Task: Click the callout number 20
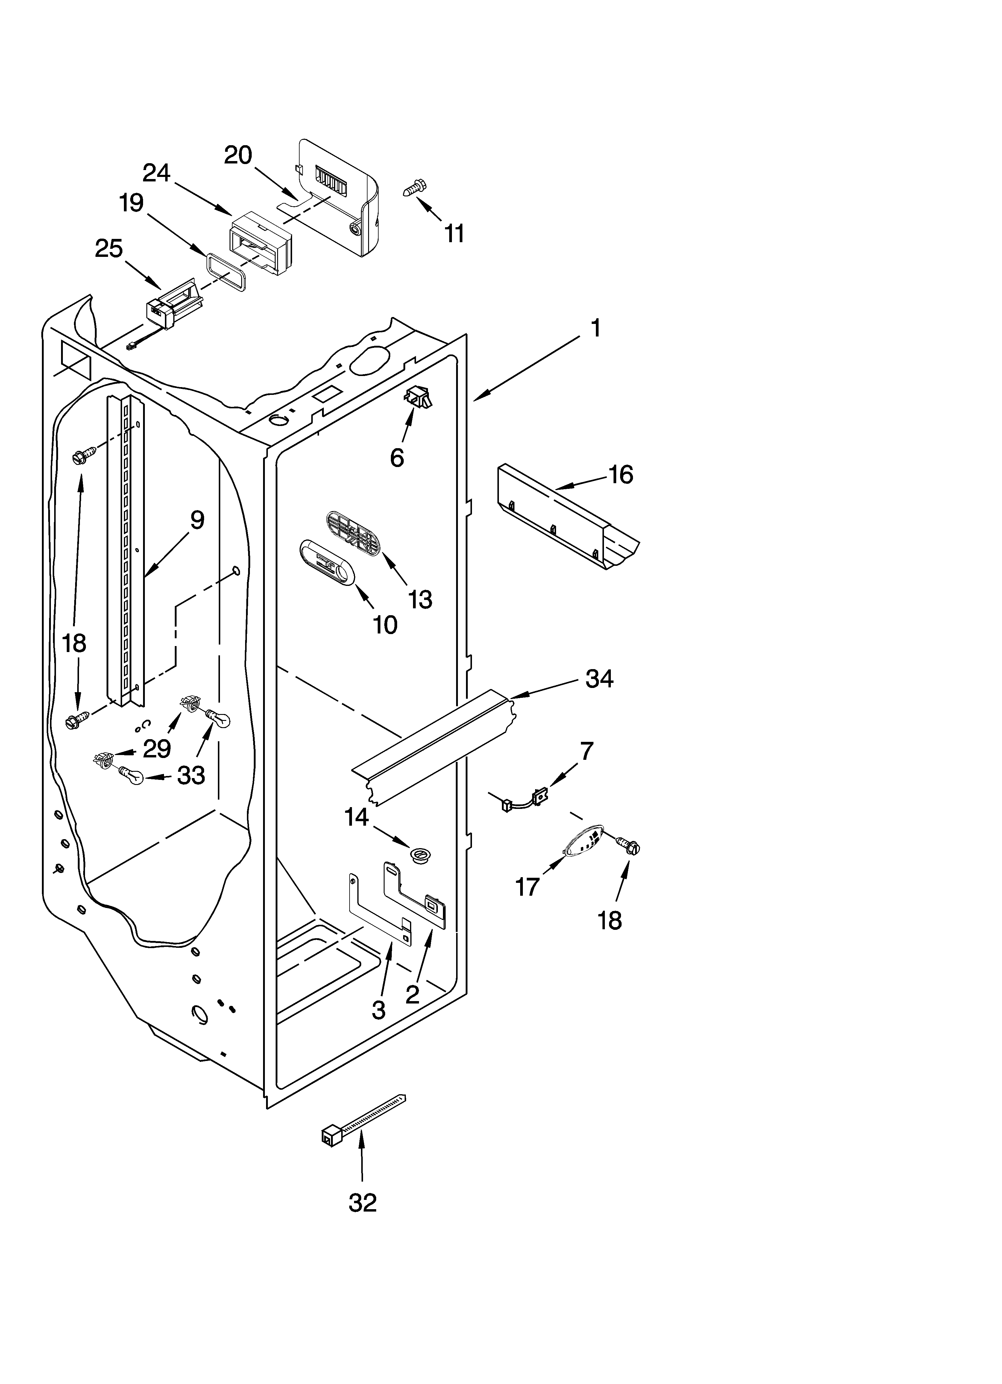238,156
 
